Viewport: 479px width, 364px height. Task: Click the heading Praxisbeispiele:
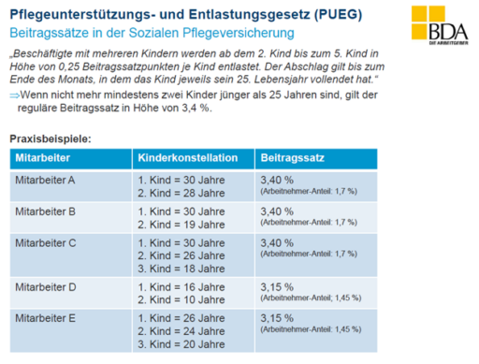51,138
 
